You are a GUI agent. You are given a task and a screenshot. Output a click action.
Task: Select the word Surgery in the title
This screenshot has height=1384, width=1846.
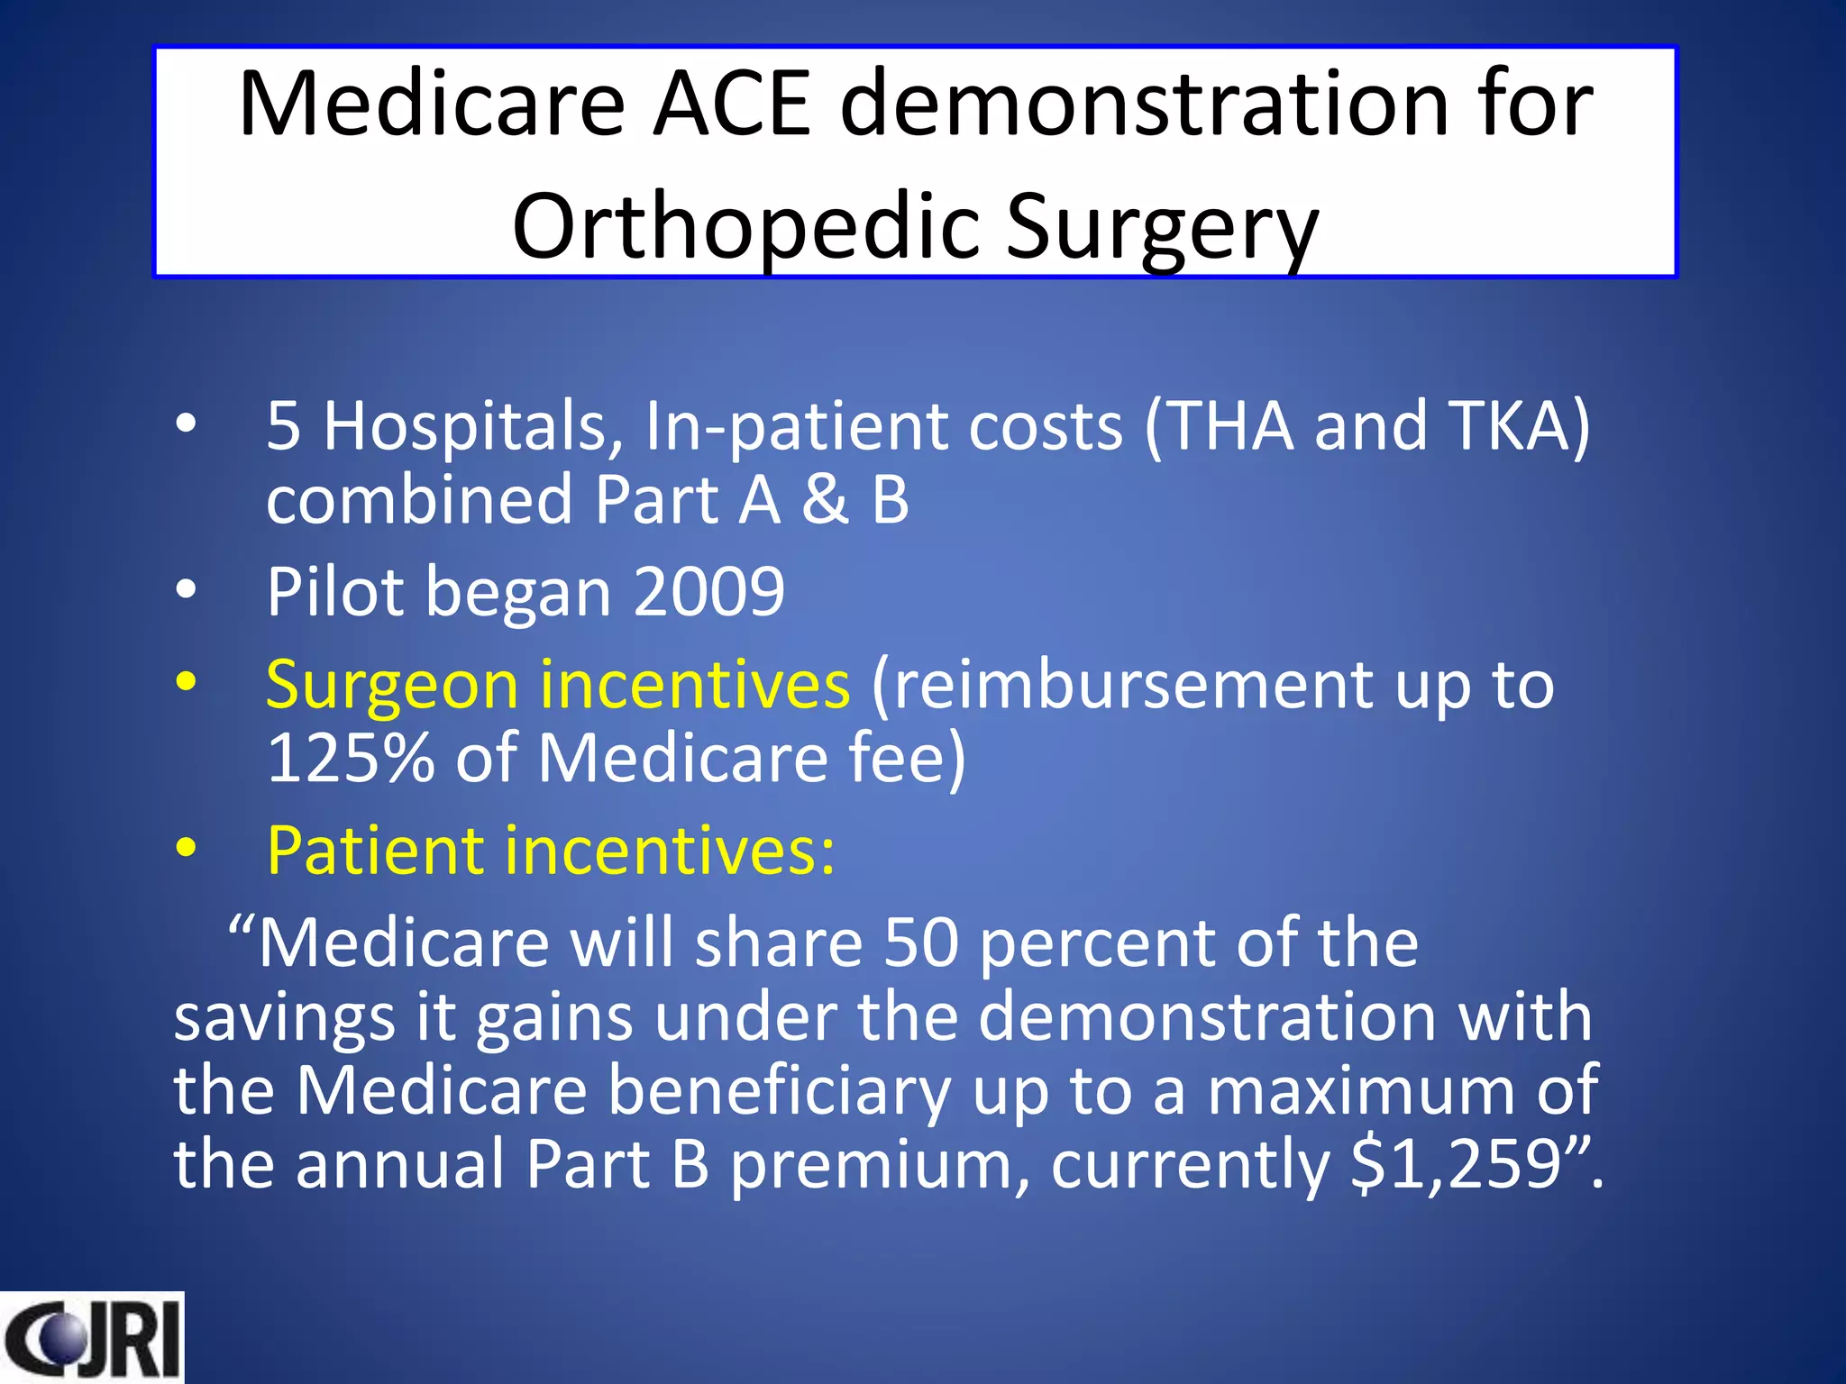click(x=1162, y=227)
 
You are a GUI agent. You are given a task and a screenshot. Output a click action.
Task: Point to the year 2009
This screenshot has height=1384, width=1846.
click(x=708, y=592)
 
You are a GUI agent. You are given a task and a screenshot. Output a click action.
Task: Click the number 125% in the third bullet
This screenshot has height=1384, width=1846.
click(x=350, y=758)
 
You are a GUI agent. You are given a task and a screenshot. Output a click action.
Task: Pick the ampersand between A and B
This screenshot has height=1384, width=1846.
click(x=825, y=500)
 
